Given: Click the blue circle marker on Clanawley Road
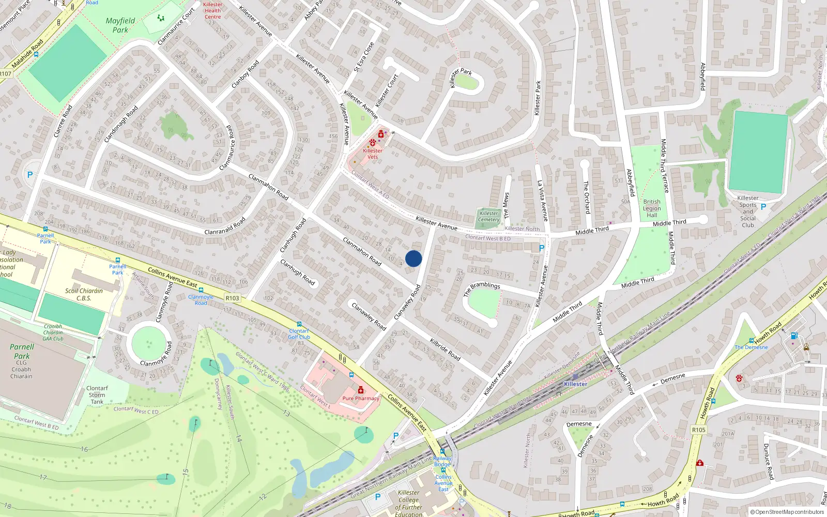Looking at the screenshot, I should tap(413, 258).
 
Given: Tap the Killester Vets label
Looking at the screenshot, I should tap(372, 154).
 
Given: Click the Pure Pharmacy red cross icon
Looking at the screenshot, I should tap(361, 390).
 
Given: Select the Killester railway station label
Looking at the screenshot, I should tap(575, 384).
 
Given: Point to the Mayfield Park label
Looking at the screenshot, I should tap(120, 25).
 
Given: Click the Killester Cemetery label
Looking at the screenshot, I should tap(488, 216).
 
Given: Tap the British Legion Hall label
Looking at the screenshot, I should tap(652, 208).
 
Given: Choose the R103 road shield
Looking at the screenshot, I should tap(233, 298).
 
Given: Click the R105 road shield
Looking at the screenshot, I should tap(698, 430).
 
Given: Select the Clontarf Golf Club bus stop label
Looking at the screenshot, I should tap(299, 334).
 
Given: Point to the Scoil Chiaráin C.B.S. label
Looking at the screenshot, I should tap(84, 294).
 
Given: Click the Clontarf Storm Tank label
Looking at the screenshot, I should tap(97, 394).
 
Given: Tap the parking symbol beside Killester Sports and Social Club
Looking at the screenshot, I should tap(763, 207).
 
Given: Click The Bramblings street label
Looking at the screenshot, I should tap(482, 288).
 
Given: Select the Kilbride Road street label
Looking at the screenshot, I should tap(445, 349).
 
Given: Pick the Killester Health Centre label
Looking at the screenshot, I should tap(212, 10).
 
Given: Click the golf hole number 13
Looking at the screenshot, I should tap(286, 413).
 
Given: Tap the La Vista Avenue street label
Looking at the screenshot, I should tap(542, 201).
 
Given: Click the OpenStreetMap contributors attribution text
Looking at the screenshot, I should tap(787, 512).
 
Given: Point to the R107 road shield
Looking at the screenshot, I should tap(5, 74).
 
